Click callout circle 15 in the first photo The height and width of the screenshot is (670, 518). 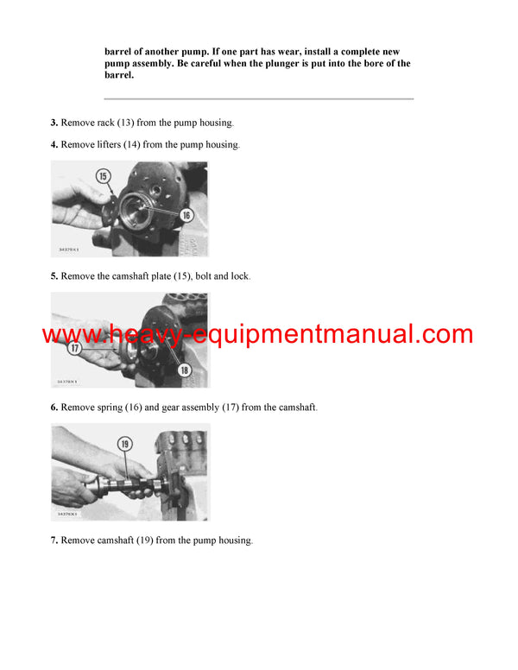[x=104, y=176]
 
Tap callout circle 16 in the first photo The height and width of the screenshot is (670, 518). [x=185, y=215]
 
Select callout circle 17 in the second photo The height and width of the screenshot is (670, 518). [x=75, y=350]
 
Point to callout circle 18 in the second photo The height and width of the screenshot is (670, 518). [x=184, y=370]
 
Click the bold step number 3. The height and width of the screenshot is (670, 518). [x=54, y=123]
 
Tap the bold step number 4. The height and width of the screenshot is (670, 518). [x=54, y=144]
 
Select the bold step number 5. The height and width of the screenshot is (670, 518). [x=54, y=275]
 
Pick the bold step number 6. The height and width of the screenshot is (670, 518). [x=54, y=407]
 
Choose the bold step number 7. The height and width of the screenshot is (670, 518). [x=54, y=540]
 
